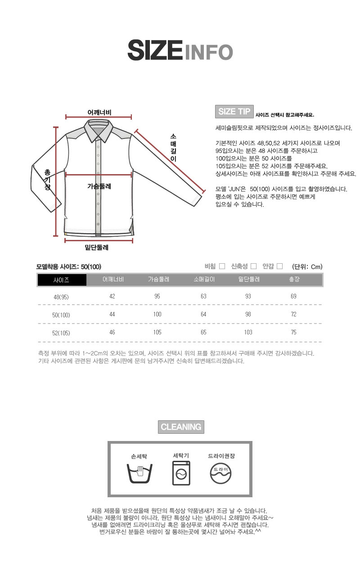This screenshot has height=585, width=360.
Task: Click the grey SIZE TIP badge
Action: coord(234,112)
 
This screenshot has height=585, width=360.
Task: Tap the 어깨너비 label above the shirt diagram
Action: coord(99,112)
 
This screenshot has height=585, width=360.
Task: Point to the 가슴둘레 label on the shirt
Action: coord(99,185)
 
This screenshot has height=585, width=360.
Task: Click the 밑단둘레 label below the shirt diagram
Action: coord(97,247)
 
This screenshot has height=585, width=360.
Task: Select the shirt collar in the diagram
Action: coord(99,130)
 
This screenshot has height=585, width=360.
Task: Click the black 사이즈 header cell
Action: coord(62,280)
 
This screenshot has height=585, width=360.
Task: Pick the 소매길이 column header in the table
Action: coord(203,279)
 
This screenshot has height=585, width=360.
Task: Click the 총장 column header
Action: coord(293,279)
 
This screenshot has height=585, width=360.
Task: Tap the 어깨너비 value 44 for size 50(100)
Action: coord(112,314)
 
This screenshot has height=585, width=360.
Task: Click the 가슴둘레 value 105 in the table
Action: coord(157,332)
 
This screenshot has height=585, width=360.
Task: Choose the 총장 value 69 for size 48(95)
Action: coord(293,296)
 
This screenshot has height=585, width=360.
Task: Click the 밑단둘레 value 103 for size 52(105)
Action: coord(248,332)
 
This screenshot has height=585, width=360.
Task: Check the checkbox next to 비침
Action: coord(222,266)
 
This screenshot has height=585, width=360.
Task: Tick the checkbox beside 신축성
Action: coord(253,266)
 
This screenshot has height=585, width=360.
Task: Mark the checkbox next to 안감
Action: coord(279,266)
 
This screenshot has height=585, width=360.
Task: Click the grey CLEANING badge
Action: coord(181,427)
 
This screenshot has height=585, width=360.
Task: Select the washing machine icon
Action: coord(181,473)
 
